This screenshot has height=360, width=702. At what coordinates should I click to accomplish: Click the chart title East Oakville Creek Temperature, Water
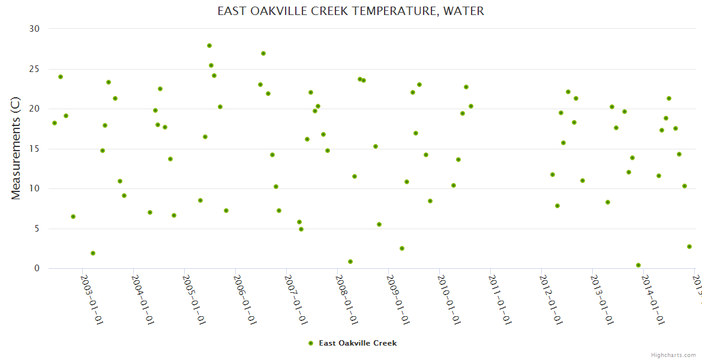350,11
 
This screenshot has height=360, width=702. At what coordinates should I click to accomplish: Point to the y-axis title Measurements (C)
16,149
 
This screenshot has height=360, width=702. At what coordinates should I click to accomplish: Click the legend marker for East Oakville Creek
311,343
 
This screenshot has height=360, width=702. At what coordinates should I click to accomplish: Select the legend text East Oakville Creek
358,343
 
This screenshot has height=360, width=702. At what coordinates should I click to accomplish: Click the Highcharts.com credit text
674,355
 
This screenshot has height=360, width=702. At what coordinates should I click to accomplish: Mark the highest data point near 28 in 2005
209,46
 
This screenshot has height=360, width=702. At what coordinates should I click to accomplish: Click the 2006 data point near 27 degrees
263,53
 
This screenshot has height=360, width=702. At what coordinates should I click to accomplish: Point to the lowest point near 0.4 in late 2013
638,265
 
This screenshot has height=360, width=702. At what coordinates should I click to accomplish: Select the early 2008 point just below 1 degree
350,262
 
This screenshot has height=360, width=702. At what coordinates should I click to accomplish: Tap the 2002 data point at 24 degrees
61,77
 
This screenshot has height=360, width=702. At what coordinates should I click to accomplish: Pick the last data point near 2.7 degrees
689,247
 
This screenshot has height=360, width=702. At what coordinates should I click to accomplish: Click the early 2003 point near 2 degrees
93,253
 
